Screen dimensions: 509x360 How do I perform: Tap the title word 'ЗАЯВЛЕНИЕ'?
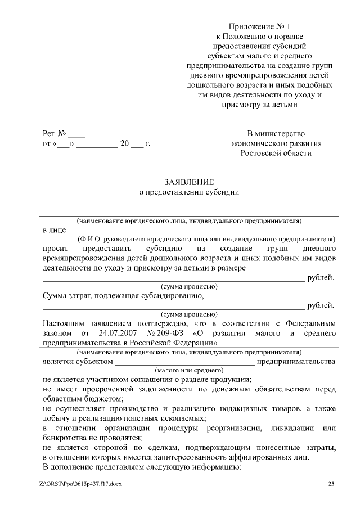pos(189,182)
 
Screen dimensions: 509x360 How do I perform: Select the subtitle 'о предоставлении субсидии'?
pos(189,192)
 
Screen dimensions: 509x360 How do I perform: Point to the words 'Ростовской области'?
pos(276,154)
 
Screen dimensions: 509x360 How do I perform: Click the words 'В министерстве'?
pos(276,134)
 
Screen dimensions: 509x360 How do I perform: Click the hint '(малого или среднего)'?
pos(189,371)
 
